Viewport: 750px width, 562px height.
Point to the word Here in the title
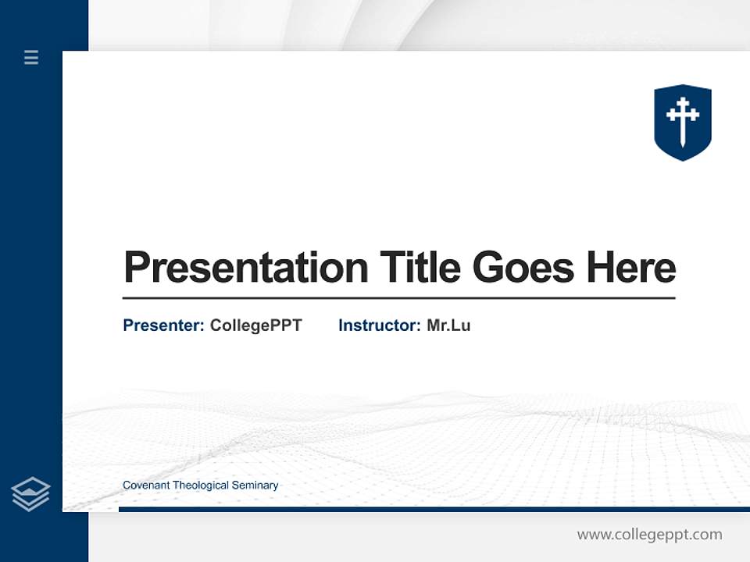630,268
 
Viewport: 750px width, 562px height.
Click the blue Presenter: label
164,325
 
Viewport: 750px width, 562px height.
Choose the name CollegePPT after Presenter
255,325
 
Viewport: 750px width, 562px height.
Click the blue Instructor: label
380,325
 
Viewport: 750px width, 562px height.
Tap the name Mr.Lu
448,325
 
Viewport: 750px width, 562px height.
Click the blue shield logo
683,123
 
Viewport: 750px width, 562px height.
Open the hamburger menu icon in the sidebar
31,57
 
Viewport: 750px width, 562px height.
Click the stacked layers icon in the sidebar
30,494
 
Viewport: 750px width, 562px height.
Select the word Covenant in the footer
146,486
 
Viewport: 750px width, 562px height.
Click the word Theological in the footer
201,486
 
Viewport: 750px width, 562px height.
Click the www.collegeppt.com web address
649,535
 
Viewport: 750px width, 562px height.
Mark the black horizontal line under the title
398,298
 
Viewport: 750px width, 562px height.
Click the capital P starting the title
137,268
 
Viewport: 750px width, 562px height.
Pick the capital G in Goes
488,268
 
